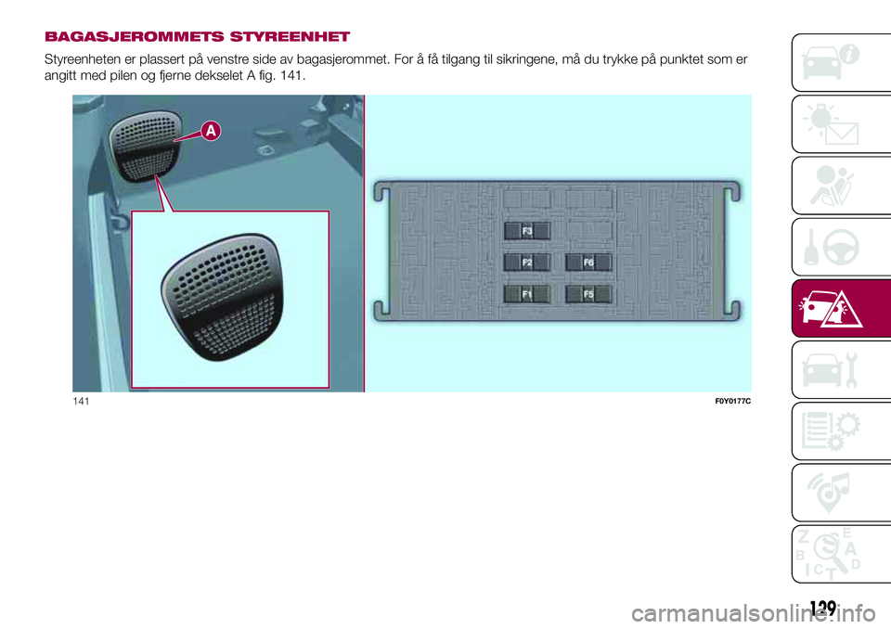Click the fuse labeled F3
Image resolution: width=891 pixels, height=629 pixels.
click(527, 230)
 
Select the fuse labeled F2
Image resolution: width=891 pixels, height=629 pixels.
click(527, 263)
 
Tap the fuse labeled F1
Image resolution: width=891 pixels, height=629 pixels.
click(527, 295)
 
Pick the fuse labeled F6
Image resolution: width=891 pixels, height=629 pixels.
click(588, 263)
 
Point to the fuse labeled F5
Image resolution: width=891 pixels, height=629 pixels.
click(588, 295)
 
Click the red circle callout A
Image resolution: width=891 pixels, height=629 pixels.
click(211, 132)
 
